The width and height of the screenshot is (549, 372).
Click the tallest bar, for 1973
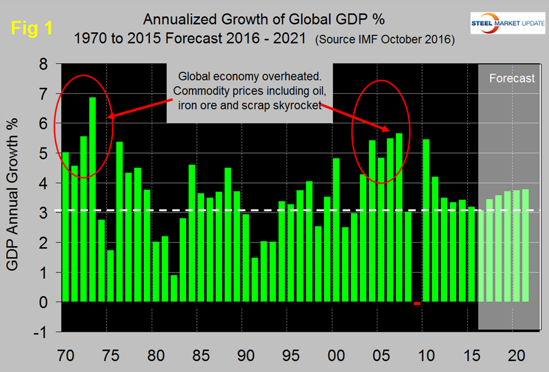[93, 199]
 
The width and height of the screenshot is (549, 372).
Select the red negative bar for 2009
[417, 303]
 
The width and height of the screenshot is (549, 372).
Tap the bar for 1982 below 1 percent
[174, 288]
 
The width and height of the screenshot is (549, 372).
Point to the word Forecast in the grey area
[511, 78]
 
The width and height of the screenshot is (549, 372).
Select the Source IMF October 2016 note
[384, 40]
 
